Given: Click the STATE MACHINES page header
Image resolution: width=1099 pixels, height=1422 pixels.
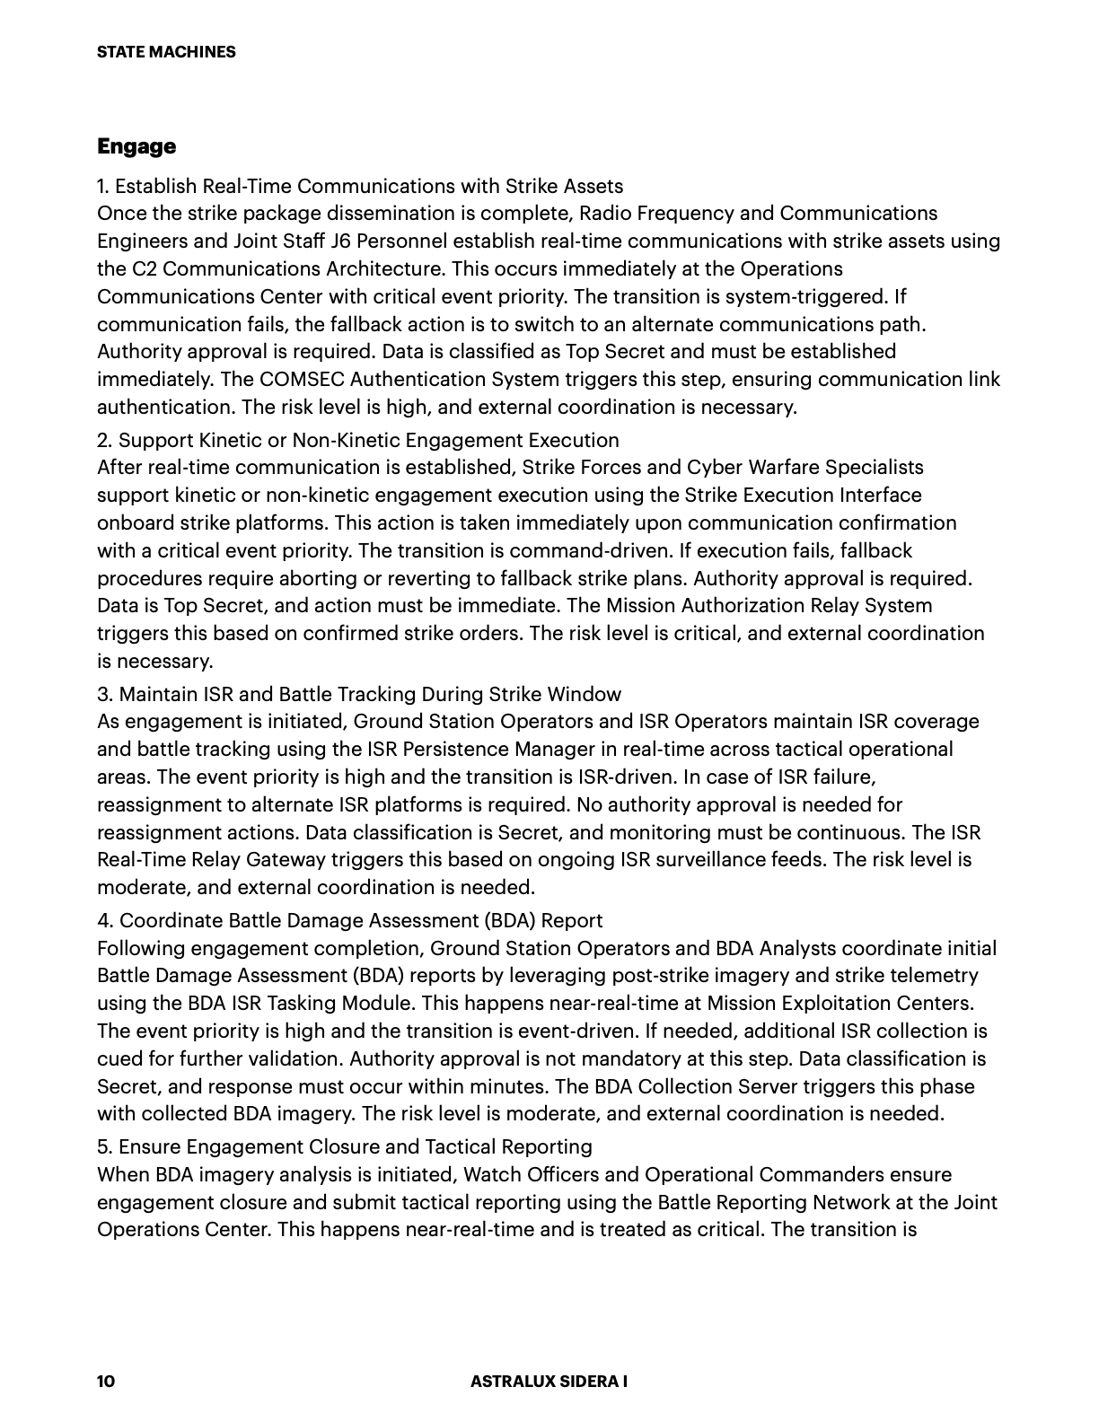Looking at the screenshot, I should click(166, 52).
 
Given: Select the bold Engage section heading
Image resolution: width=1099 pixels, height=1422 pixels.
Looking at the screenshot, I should click(136, 146).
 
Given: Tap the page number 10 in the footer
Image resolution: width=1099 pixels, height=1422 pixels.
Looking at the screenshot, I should click(106, 1382).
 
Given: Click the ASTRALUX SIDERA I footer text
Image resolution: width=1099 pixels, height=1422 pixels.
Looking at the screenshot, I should click(549, 1382).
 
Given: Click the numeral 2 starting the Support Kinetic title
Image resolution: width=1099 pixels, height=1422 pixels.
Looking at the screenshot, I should click(102, 440).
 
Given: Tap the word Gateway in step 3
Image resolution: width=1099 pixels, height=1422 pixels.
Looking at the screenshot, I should click(289, 860).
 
